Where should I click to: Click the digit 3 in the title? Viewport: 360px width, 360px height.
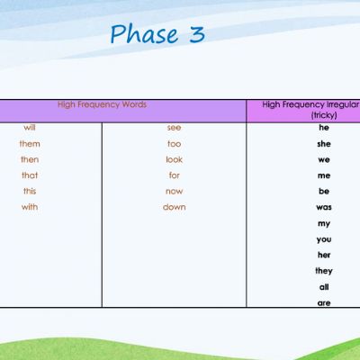click(197, 34)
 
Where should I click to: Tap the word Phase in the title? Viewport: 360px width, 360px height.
click(144, 33)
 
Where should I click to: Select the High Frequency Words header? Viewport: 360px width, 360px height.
click(102, 104)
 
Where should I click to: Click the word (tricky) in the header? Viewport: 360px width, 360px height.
click(324, 115)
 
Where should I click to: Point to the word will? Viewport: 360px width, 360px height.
click(30, 128)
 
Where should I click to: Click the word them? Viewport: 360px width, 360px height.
click(30, 144)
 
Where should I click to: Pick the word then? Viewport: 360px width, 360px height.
click(30, 159)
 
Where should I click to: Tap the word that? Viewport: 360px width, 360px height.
click(30, 175)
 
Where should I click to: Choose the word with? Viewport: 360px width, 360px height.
click(30, 207)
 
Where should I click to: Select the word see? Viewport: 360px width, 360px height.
click(174, 128)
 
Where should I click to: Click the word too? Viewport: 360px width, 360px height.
click(174, 144)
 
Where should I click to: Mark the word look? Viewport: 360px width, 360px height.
click(174, 159)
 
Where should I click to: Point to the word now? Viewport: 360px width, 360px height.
click(174, 192)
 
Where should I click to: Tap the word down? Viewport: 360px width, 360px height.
click(174, 207)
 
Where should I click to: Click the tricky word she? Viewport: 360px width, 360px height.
click(324, 144)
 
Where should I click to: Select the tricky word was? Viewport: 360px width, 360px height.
click(324, 207)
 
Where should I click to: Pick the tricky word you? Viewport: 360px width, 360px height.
click(324, 239)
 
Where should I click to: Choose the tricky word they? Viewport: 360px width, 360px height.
click(324, 271)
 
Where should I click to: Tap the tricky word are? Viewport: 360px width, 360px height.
click(324, 303)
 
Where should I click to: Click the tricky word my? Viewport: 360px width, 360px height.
click(324, 224)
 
